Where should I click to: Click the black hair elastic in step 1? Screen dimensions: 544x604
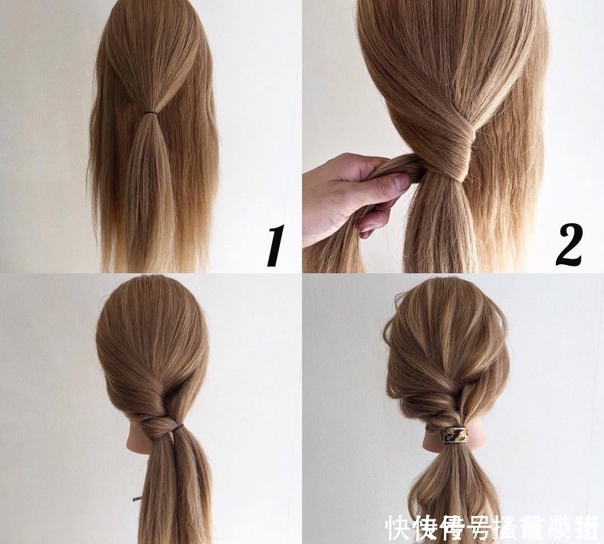point(149,113)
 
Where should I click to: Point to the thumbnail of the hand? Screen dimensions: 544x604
point(400,182)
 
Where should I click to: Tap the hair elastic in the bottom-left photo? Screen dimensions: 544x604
point(177,429)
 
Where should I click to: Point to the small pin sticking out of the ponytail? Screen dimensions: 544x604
point(138,498)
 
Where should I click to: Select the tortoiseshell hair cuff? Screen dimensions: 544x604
point(455,435)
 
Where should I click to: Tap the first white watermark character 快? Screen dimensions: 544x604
point(398,528)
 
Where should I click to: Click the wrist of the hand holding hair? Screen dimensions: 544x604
point(313,224)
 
